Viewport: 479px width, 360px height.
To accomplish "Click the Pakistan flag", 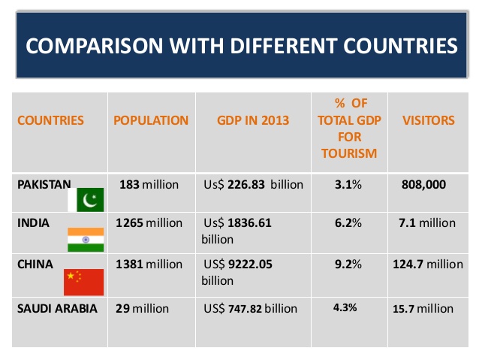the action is pyautogui.click(x=86, y=200).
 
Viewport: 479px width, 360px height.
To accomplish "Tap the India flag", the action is pyautogui.click(x=86, y=240).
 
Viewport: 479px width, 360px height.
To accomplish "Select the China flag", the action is pyautogui.click(x=83, y=283).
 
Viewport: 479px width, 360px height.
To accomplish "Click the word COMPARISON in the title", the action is pyautogui.click(x=95, y=46).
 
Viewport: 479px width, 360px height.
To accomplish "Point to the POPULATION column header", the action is pyautogui.click(x=151, y=120).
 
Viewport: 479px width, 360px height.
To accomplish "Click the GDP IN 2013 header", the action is pyautogui.click(x=253, y=120).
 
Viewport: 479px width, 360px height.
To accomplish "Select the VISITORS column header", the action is pyautogui.click(x=428, y=120).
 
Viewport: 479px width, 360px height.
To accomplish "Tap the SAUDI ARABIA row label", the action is pyautogui.click(x=57, y=309).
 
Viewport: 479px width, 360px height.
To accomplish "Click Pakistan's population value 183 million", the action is pyautogui.click(x=149, y=185).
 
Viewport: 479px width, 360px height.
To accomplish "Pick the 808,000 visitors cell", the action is pyautogui.click(x=423, y=184).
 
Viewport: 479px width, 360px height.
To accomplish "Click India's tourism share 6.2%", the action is pyautogui.click(x=348, y=223).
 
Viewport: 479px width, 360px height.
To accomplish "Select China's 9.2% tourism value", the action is pyautogui.click(x=348, y=265).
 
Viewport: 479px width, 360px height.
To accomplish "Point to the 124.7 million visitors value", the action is pyautogui.click(x=428, y=265).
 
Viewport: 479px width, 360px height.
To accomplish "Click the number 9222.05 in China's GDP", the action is pyautogui.click(x=250, y=265).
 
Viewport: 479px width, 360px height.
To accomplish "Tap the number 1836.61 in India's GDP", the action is pyautogui.click(x=249, y=223).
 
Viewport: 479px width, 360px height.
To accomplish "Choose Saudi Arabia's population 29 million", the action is pyautogui.click(x=142, y=309).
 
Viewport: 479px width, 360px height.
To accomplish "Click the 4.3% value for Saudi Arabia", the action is pyautogui.click(x=345, y=307).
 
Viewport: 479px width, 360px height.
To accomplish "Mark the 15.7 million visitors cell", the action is pyautogui.click(x=423, y=309).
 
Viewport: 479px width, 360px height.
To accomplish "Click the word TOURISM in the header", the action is pyautogui.click(x=349, y=153).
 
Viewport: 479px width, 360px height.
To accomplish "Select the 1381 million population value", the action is pyautogui.click(x=149, y=265).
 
